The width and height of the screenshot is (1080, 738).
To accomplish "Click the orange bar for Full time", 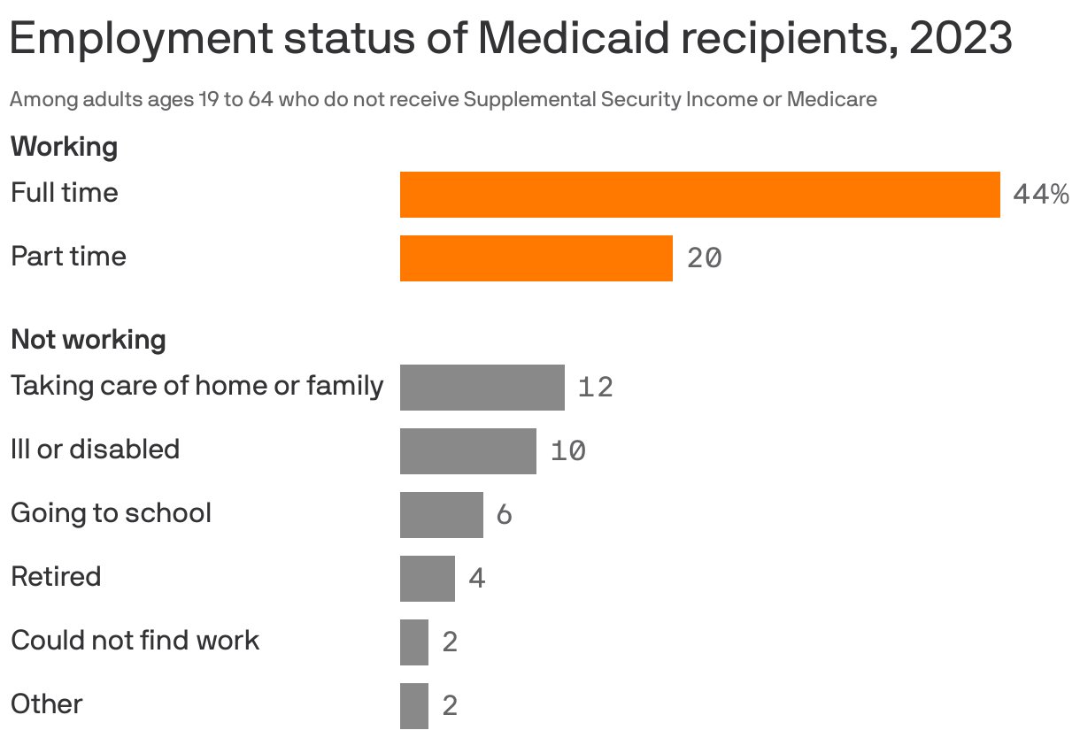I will (x=699, y=195).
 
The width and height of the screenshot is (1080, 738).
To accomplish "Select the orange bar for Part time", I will (x=536, y=258).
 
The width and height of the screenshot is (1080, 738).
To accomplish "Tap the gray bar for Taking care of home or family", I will (x=482, y=388).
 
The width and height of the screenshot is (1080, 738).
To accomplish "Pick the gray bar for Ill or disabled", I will (x=467, y=451).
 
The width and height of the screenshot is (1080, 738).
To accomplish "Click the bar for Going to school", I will (x=441, y=515).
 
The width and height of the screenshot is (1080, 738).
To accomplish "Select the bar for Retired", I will (x=427, y=579).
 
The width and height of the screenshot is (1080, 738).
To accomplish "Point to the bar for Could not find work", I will (x=413, y=642).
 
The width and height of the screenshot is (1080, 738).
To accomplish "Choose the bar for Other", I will (x=413, y=706).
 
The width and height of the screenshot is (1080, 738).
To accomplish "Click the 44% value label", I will (x=1040, y=195).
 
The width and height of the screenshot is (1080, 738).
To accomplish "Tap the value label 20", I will (x=705, y=258).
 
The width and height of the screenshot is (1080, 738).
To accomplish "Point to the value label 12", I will (x=595, y=388).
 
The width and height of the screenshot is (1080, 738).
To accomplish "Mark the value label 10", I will (x=567, y=451).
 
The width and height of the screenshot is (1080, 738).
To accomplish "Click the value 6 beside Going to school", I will (x=504, y=515).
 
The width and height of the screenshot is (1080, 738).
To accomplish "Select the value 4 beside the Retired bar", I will (x=476, y=579).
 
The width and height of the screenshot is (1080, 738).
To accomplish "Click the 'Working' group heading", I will (x=64, y=146).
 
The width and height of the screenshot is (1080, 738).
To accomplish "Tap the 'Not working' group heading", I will (x=88, y=339).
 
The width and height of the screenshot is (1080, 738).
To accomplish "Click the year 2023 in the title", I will (x=960, y=38).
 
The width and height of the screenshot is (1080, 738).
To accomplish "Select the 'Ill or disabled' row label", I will (x=95, y=450).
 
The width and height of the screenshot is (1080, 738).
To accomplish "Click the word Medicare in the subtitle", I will (x=831, y=99).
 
